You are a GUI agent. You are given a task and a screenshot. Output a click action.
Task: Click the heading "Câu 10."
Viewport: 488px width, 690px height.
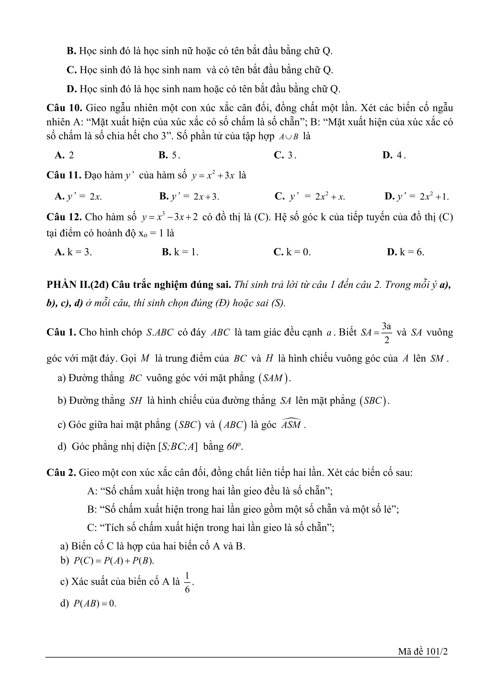click(64, 108)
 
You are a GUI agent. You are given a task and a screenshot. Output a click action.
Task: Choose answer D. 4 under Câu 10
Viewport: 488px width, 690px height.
click(394, 155)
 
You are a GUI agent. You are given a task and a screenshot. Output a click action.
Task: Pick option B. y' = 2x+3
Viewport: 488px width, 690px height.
click(189, 197)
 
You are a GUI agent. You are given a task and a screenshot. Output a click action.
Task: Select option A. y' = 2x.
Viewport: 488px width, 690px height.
click(78, 197)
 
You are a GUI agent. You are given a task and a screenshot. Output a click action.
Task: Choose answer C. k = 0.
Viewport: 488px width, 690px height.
click(292, 252)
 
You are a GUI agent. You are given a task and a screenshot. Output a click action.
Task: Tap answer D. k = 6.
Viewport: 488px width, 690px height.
click(405, 252)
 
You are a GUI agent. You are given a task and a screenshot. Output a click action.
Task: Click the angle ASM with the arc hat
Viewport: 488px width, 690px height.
click(291, 424)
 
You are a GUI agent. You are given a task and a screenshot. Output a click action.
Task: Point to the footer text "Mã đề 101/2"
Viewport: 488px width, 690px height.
click(423, 660)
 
